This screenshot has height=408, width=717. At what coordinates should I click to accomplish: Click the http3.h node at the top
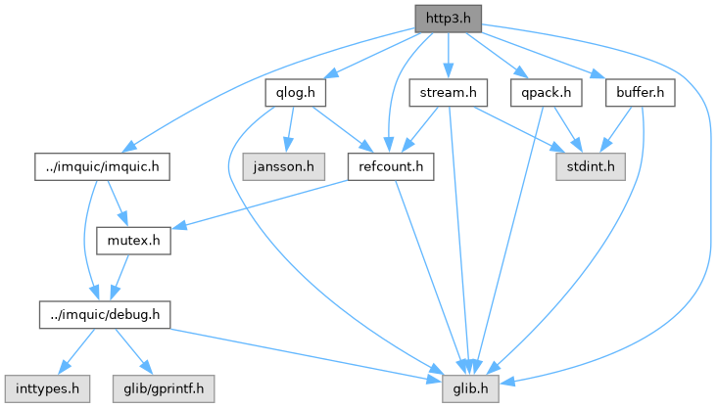point(448,19)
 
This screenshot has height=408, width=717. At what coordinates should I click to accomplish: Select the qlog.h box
point(295,94)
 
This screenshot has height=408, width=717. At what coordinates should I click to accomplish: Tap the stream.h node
point(447,94)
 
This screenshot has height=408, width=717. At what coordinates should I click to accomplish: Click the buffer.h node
point(642,94)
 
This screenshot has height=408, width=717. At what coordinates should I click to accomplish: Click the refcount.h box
point(391,167)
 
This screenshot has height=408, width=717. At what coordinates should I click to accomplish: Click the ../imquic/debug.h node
point(105,314)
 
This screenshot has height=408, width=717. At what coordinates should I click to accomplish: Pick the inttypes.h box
point(46,387)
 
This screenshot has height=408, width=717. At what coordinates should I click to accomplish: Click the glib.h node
point(473,387)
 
